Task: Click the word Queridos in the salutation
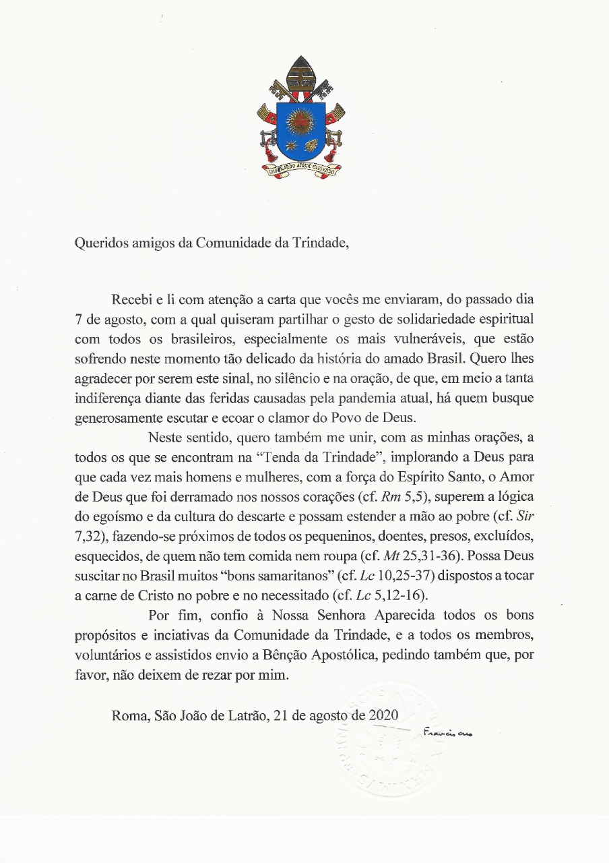click(98, 243)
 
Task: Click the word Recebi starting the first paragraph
click(131, 297)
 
